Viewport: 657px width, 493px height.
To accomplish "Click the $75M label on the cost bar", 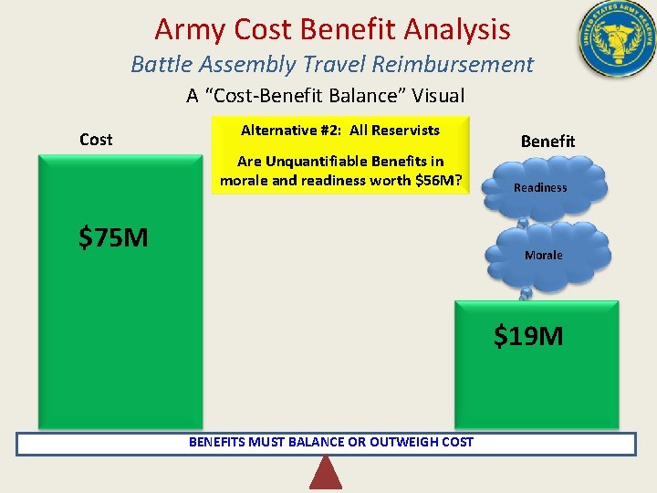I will pyautogui.click(x=113, y=238).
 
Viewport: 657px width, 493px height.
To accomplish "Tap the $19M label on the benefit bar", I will pyautogui.click(x=528, y=336).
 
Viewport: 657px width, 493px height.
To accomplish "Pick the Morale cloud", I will pyautogui.click(x=544, y=255).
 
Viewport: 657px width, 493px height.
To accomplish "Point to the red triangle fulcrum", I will pyautogui.click(x=326, y=473).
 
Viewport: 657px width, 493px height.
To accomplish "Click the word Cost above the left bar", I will pyautogui.click(x=96, y=140).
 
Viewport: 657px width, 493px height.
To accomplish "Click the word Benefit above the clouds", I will pyautogui.click(x=547, y=142).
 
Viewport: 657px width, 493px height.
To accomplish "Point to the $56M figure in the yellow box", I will pyautogui.click(x=436, y=179).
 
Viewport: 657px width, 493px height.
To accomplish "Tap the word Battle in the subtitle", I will pyautogui.click(x=158, y=65).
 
